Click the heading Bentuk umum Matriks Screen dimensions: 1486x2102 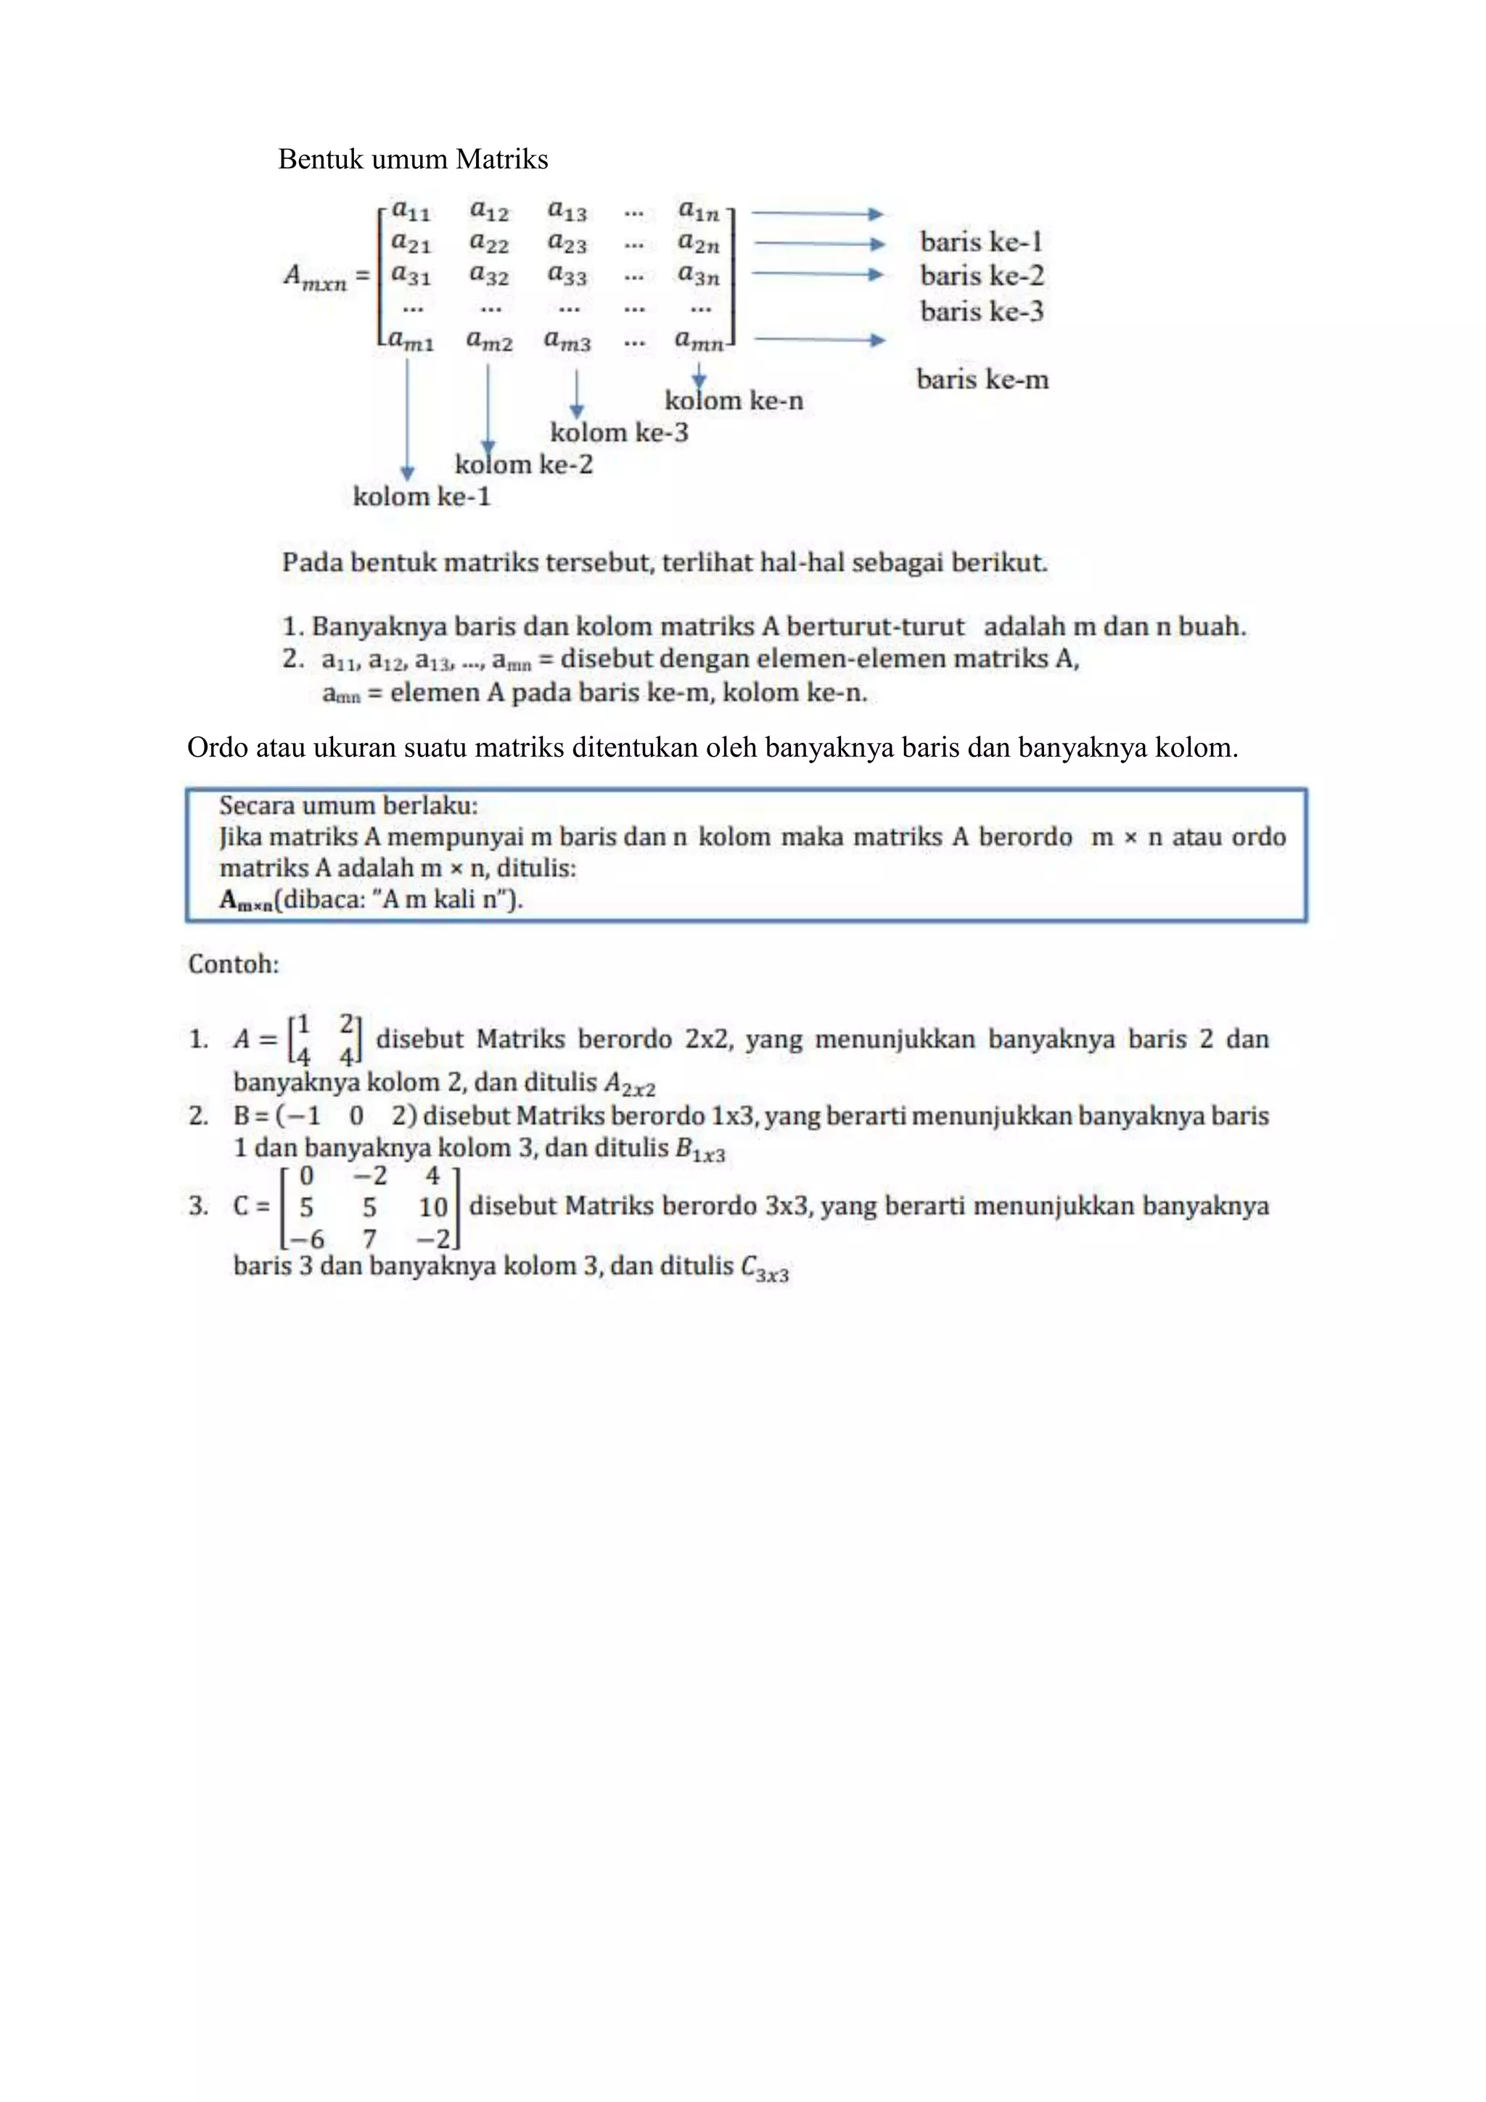coord(413,160)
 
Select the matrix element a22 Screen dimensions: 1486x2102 coord(489,244)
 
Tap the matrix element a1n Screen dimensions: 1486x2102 coord(699,211)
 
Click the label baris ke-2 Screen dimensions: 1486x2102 coord(982,276)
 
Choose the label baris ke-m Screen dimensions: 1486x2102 coord(982,379)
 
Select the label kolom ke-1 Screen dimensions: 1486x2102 coord(422,496)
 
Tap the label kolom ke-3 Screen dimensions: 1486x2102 coord(619,432)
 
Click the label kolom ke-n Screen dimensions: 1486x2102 coord(734,400)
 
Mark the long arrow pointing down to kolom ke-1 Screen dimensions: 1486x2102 coord(408,416)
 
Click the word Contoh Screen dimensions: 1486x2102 coord(234,964)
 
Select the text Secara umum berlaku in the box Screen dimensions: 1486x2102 coord(348,805)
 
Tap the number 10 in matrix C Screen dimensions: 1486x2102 coord(432,1207)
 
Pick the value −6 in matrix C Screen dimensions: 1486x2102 coord(307,1239)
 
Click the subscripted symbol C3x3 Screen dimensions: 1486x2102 coord(765,1269)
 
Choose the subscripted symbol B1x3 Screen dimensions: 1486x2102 coord(699,1150)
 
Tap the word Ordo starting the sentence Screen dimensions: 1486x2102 coord(217,748)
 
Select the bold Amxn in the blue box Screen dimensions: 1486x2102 coord(245,900)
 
